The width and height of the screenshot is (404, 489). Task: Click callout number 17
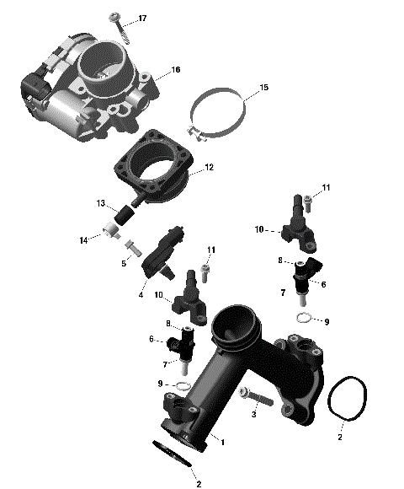click(x=142, y=18)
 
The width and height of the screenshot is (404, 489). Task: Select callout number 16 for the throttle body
click(x=176, y=70)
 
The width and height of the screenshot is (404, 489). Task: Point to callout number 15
click(x=263, y=88)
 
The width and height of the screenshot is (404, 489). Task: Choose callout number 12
click(x=209, y=168)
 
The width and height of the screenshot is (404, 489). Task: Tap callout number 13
click(x=101, y=204)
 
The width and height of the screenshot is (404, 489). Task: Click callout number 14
click(x=83, y=240)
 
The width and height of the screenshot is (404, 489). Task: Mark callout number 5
click(x=123, y=263)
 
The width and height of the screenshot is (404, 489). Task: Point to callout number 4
click(x=141, y=294)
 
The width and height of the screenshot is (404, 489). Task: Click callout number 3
click(x=252, y=415)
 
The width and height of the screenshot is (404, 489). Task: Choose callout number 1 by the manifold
click(x=223, y=440)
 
